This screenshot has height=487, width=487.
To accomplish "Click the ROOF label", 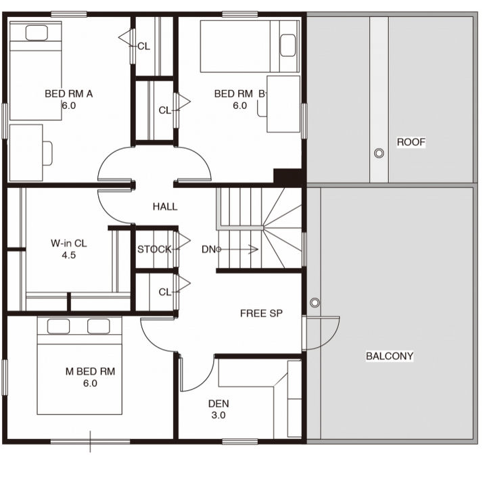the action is [411, 142].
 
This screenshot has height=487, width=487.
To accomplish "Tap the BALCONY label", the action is [390, 356].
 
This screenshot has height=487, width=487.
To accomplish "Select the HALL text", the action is [165, 206].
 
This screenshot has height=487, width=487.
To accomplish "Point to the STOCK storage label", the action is [154, 249].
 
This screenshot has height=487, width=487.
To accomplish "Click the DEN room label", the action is [218, 403].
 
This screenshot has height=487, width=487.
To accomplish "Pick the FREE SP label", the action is [262, 313].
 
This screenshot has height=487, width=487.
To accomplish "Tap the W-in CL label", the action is [68, 243].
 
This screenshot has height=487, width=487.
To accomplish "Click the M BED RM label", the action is [90, 371].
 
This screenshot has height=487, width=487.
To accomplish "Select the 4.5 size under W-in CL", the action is [68, 255].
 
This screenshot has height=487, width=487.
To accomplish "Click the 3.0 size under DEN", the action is [218, 415].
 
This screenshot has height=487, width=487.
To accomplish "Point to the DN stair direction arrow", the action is [238, 249].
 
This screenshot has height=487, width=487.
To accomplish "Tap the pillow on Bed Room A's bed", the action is [37, 32].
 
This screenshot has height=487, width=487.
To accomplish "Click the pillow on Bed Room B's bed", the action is [287, 45].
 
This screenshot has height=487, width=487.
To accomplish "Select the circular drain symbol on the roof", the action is [379, 153].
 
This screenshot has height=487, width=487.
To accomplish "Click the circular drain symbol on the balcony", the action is [315, 302].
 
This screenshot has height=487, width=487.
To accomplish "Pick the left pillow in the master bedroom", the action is [58, 327].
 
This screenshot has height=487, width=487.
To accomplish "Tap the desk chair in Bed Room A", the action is [47, 154].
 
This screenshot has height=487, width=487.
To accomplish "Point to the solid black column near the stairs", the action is [288, 177].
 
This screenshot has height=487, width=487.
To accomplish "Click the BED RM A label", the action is [68, 94].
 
